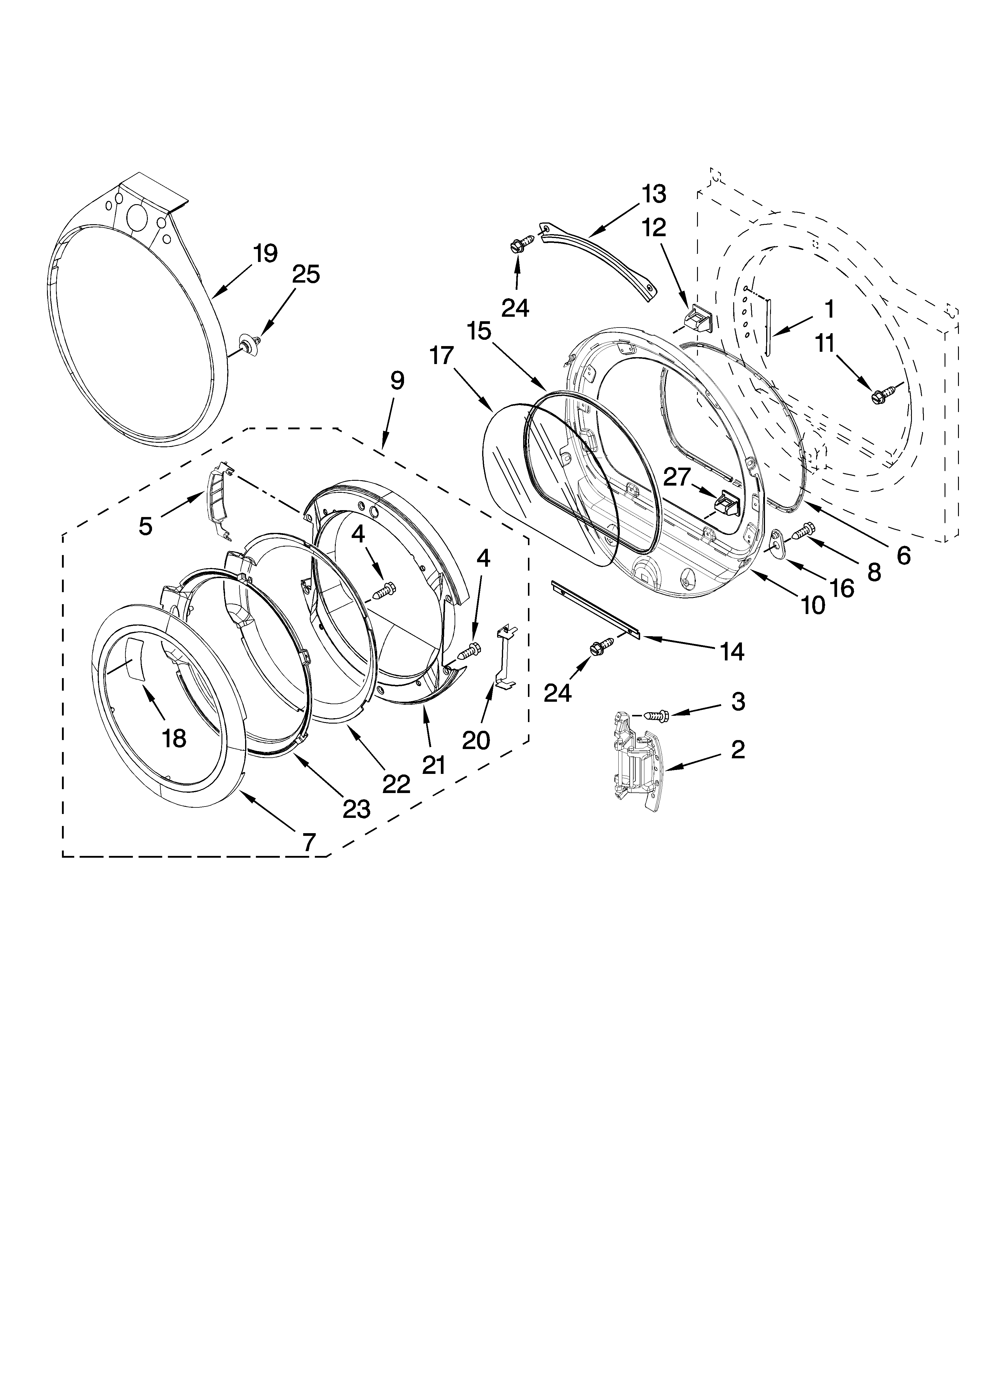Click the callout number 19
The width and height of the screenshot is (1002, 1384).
pos(265,253)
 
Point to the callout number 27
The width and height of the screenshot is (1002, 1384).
pos(676,477)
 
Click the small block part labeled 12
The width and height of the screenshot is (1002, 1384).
pos(697,317)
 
